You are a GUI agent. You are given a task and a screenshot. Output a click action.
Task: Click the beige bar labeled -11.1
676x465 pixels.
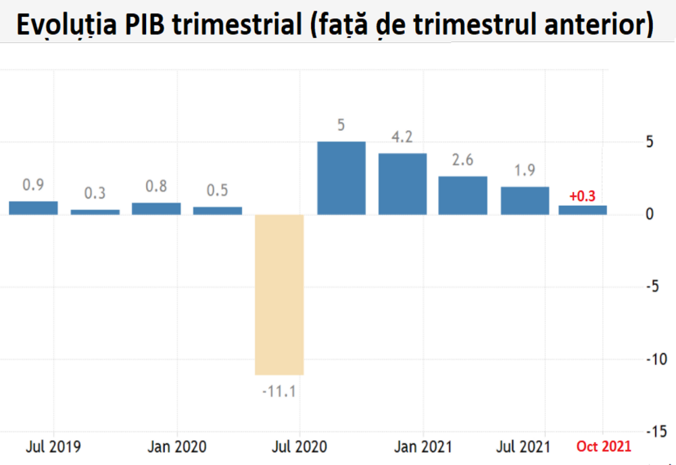tap(279, 294)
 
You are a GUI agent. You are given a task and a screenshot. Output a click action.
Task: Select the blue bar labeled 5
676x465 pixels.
tap(341, 178)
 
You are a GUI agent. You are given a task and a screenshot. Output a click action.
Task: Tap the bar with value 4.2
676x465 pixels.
tap(402, 184)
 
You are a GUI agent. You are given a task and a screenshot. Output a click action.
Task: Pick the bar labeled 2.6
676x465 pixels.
tap(462, 195)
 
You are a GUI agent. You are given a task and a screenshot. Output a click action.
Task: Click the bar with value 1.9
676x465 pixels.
tap(525, 201)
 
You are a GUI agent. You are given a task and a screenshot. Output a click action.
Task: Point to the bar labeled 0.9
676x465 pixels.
tap(33, 208)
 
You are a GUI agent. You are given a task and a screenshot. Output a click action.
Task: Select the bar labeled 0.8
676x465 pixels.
tap(156, 209)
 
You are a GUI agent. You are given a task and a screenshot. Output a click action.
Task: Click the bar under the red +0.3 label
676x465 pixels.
tap(583, 210)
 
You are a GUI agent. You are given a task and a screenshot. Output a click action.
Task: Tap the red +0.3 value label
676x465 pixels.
tap(582, 197)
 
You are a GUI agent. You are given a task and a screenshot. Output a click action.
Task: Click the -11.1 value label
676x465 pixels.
tap(279, 391)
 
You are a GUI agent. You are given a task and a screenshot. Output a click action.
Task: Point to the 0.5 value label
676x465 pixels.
tap(217, 191)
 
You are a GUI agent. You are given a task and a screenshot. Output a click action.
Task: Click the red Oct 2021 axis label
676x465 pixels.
tap(604, 447)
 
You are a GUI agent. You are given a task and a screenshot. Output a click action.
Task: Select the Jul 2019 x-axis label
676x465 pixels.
tap(53, 447)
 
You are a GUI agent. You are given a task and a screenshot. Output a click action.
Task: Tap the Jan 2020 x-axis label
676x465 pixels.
tap(177, 447)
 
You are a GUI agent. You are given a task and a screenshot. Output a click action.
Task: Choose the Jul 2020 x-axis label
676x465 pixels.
tap(299, 447)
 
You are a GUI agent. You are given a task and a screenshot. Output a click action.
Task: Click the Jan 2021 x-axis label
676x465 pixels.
tap(423, 447)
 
